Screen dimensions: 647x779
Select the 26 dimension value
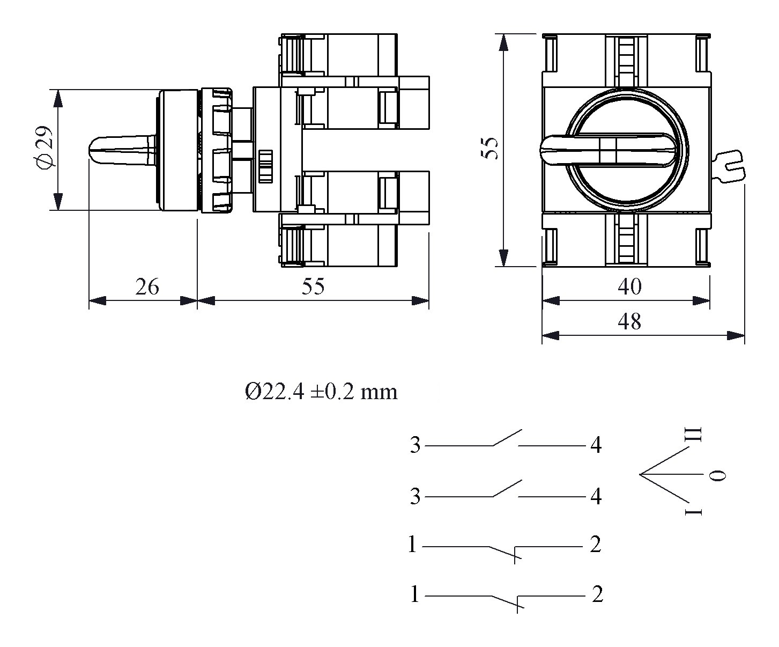point(146,288)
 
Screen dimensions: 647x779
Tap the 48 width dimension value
point(629,322)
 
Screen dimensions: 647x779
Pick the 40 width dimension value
point(629,287)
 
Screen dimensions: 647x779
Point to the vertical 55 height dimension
point(489,148)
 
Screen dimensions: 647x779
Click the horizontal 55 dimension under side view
point(313,287)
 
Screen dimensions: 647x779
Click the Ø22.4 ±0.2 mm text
point(321,392)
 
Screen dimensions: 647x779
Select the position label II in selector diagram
point(694,435)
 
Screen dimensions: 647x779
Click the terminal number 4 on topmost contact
point(596,445)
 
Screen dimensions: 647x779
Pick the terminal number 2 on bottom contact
point(597,594)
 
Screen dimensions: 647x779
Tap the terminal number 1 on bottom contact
point(414,594)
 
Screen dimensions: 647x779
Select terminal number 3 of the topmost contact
point(416,445)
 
